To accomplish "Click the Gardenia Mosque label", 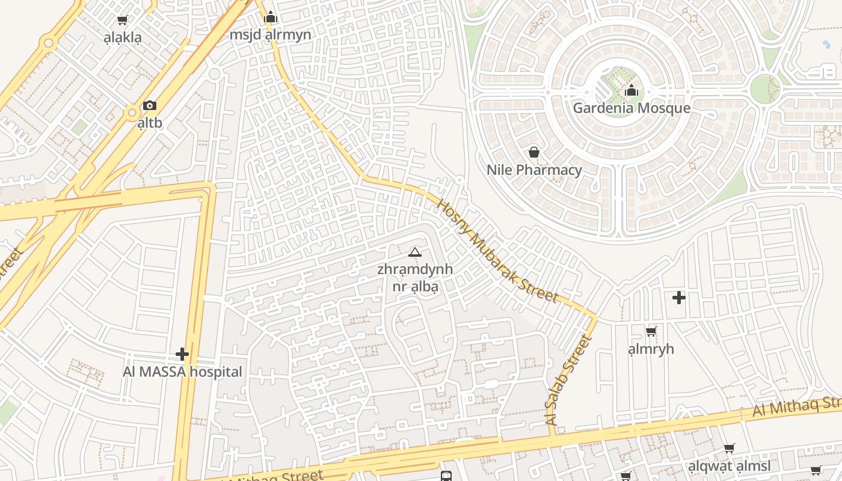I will coord(631,108).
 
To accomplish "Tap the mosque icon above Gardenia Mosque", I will coord(631,91).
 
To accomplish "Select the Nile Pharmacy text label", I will coord(534,170).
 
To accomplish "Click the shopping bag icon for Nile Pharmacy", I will coord(533,152).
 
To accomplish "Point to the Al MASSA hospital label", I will coord(182,372).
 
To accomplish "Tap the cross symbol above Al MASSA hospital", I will coord(182,354).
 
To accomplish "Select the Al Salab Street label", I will coord(568,381).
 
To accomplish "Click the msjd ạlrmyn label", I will coord(271,35).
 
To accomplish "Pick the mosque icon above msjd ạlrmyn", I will coord(271,17).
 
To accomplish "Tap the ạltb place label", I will coord(150,123).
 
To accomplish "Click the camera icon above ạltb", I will coord(150,106).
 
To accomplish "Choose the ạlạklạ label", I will coord(123,38).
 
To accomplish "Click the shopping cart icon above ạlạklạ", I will coord(123,20).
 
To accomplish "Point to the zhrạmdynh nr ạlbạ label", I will coord(415,278).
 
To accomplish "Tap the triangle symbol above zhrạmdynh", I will coord(415,252).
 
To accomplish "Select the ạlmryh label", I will coord(651,349).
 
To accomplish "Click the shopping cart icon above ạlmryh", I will coord(651,331).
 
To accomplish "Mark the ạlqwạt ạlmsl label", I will coord(729,467).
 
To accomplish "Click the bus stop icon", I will coord(446,476).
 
